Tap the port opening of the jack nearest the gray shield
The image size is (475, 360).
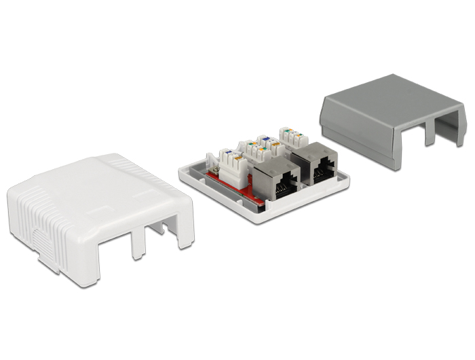[322, 167]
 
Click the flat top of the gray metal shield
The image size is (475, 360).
[387, 102]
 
